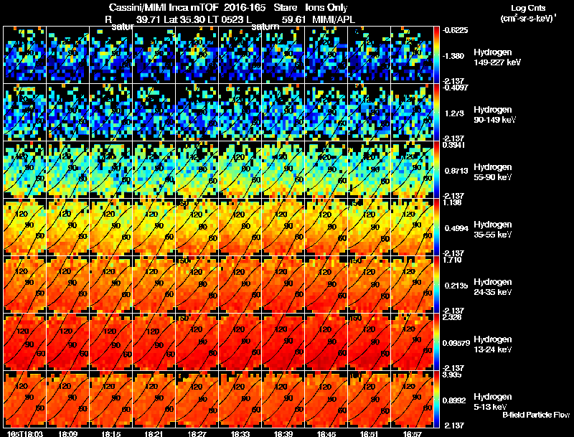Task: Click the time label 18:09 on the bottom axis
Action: click(x=70, y=433)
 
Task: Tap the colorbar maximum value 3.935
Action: click(x=453, y=374)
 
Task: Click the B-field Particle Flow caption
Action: click(x=535, y=415)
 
